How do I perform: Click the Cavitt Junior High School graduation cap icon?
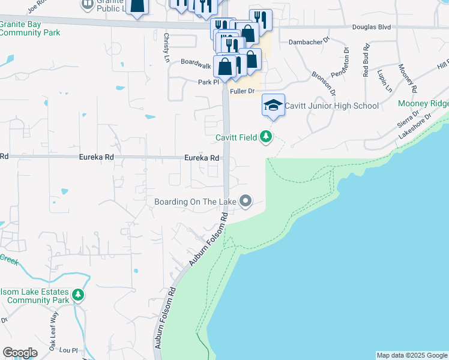(273, 105)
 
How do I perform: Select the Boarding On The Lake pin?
(245, 201)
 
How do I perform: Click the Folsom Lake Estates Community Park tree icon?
(77, 295)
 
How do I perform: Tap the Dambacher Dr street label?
(309, 42)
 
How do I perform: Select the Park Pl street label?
(209, 82)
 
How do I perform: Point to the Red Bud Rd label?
(366, 60)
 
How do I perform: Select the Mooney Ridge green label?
(424, 104)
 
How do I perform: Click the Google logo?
(20, 353)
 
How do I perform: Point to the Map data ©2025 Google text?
(411, 355)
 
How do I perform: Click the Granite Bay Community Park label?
(30, 28)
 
